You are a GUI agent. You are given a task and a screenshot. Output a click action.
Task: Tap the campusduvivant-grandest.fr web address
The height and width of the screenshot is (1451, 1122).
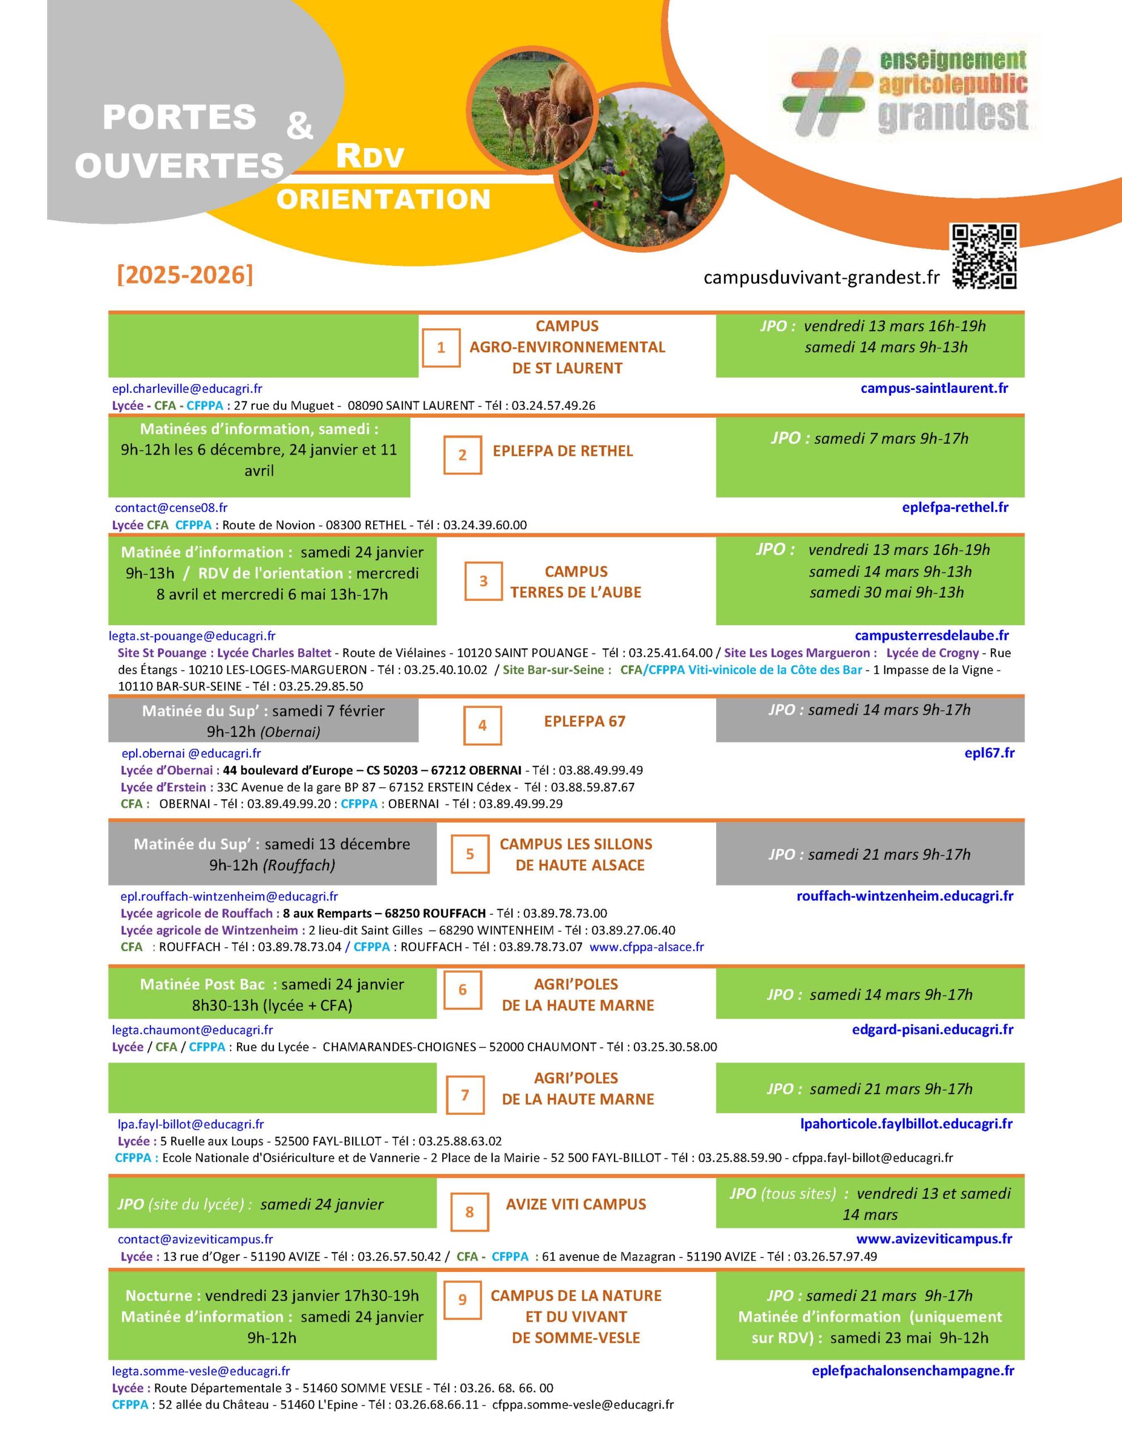point(821,278)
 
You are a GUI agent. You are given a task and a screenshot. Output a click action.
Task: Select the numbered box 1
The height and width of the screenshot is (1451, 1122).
point(441,347)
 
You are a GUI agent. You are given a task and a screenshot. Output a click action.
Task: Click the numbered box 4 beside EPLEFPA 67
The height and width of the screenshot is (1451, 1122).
point(482,725)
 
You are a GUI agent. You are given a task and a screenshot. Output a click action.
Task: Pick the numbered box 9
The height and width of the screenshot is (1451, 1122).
point(463,1300)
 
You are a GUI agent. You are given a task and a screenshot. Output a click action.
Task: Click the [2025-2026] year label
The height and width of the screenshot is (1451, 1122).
point(185,274)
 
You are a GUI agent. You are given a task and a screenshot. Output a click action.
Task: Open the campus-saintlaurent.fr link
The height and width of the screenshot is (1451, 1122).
point(934,388)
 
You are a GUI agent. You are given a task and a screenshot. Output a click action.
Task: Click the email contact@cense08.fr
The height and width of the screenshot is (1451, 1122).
point(171,508)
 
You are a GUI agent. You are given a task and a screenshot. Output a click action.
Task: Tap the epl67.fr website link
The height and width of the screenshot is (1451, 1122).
point(989,753)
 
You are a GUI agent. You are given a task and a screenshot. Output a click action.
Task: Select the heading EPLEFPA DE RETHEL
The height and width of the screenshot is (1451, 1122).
point(562,451)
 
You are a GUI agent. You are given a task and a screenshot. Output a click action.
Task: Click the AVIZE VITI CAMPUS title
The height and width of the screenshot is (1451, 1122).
point(575,1204)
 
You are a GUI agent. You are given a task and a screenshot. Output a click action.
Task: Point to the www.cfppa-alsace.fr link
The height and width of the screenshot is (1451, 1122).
point(646,947)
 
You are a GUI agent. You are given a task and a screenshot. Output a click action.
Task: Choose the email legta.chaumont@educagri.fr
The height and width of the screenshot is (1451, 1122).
point(192,1030)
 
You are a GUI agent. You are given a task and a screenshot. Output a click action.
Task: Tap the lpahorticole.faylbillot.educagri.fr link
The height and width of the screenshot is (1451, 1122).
point(906,1123)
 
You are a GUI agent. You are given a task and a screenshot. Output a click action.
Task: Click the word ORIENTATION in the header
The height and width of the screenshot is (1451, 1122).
point(383,200)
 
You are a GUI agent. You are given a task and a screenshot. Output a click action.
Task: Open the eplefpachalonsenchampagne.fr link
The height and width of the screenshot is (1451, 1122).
point(913,1371)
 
